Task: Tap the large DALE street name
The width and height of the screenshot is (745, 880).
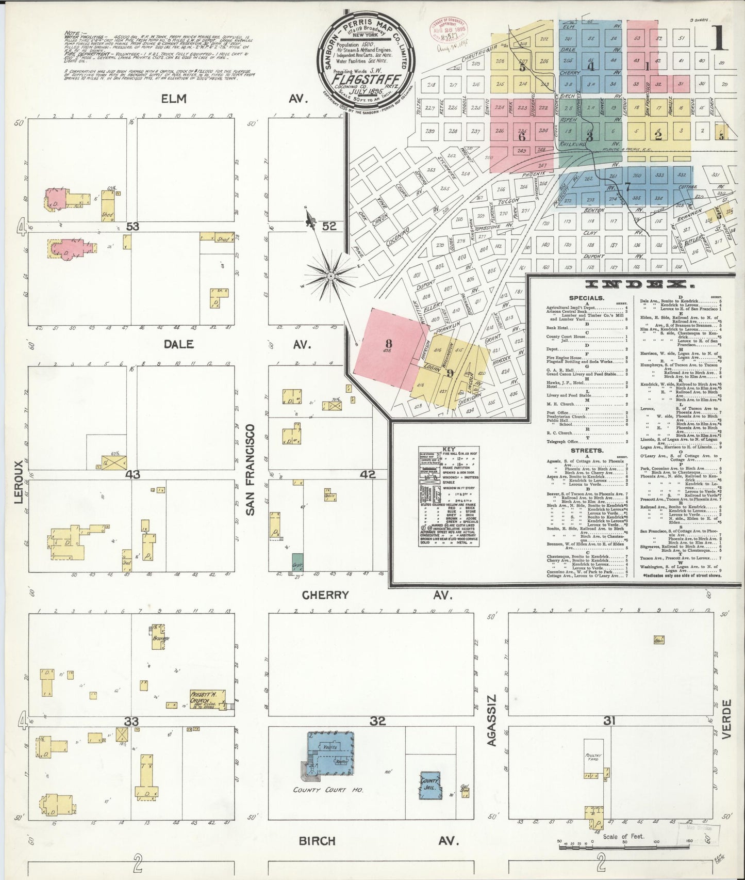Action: point(180,344)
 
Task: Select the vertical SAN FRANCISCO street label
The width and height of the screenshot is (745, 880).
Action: point(251,470)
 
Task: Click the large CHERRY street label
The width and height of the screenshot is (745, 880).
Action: point(325,595)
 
